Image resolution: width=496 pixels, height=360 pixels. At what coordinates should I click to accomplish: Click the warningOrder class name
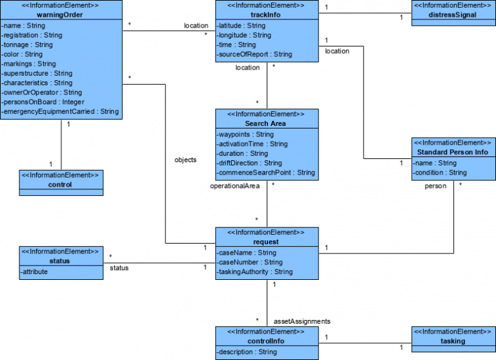(x=61, y=14)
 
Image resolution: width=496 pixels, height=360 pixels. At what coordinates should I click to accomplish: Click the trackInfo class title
(x=266, y=14)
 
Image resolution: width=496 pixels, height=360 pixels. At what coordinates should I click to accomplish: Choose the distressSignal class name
(x=453, y=14)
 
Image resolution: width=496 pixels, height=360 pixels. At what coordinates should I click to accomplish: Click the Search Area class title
(x=266, y=123)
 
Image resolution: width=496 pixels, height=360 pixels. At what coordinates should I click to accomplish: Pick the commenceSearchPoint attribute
(x=265, y=173)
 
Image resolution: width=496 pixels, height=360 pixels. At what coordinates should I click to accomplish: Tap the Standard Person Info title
(x=453, y=152)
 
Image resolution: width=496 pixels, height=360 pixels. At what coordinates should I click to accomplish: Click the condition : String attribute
(x=439, y=173)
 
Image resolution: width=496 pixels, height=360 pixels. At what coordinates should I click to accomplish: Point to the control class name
(x=61, y=184)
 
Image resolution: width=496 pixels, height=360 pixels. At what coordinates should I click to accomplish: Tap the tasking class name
(x=453, y=341)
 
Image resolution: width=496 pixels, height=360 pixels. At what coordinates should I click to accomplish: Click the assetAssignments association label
(x=302, y=321)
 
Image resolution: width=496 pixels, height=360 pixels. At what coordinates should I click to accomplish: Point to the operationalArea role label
(x=234, y=186)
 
